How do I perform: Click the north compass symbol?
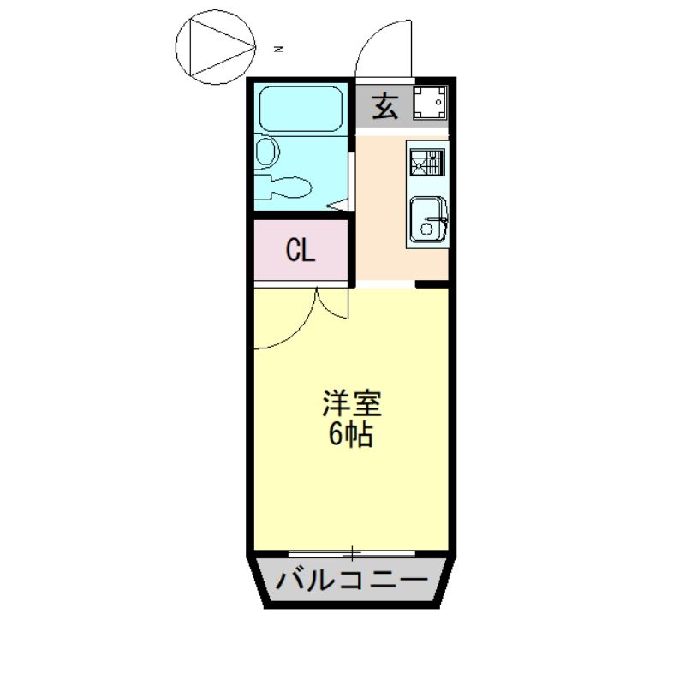(215, 48)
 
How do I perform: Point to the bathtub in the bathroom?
(301, 109)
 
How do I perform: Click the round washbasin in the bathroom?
(265, 152)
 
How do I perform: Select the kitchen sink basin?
(426, 219)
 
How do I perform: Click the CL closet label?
(301, 251)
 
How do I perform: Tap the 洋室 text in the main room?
(351, 403)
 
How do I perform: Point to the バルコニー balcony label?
(351, 582)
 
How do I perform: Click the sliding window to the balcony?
(352, 552)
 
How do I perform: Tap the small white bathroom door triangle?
(340, 205)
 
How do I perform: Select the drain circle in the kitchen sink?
(420, 229)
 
